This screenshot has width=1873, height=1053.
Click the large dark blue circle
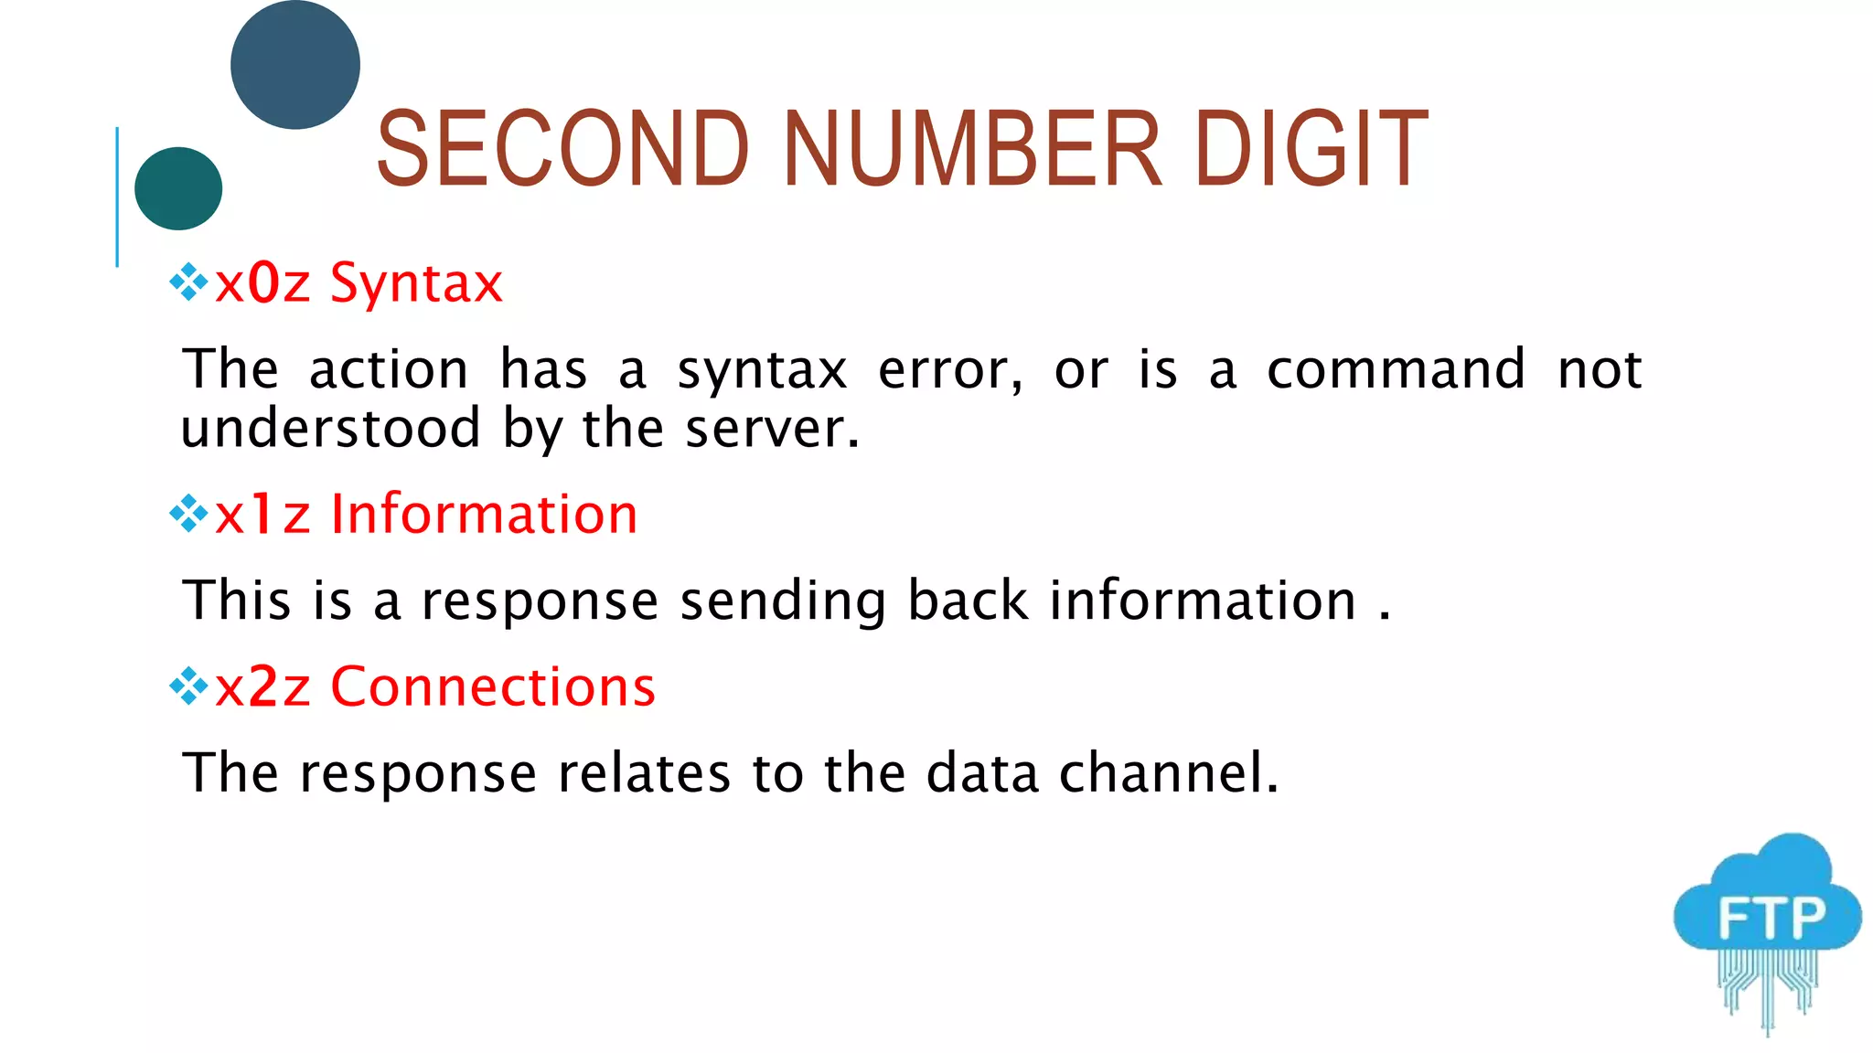point(295,65)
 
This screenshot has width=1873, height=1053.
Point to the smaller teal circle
point(178,188)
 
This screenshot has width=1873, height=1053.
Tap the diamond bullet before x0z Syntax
point(189,282)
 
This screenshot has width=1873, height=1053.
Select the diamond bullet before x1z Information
point(189,514)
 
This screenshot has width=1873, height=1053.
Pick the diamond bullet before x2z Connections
point(189,686)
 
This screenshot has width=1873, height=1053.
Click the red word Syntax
point(416,283)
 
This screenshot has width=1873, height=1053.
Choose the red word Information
point(484,514)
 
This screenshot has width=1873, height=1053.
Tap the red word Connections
point(493,686)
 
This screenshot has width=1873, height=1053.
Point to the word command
point(1396,369)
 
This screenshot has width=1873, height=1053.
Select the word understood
point(330,428)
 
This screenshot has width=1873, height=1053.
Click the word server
point(772,428)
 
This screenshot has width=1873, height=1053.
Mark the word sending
point(783,601)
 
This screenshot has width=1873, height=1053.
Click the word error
point(949,370)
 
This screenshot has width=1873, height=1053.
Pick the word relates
point(644,772)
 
